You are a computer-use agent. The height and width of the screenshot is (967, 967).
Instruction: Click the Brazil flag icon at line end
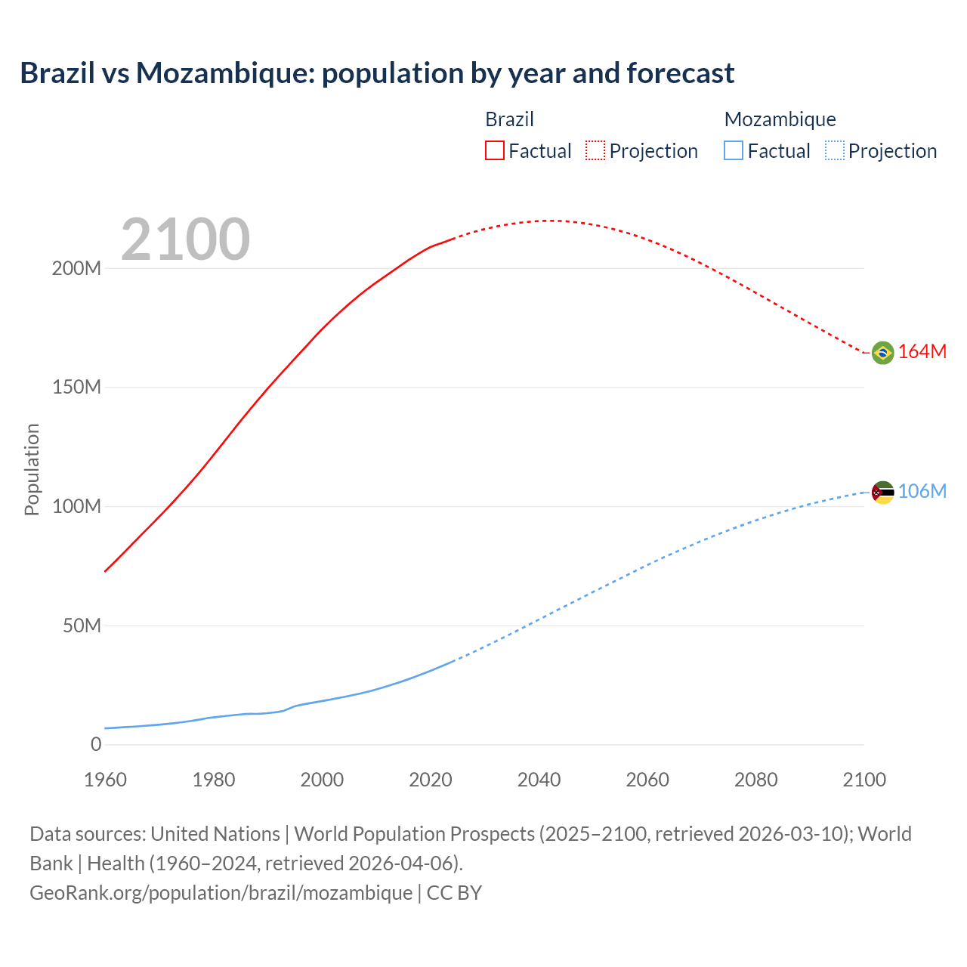(x=882, y=352)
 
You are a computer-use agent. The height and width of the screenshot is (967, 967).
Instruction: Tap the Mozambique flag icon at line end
(x=882, y=493)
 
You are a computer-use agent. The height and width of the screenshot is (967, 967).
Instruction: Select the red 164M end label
(x=922, y=351)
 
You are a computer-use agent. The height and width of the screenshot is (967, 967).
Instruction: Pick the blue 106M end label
(x=922, y=491)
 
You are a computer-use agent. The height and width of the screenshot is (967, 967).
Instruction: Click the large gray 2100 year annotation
(x=185, y=239)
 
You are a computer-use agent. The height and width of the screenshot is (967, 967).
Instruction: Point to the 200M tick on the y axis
(x=76, y=269)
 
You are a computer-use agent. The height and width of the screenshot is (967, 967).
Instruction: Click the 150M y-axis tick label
(x=76, y=388)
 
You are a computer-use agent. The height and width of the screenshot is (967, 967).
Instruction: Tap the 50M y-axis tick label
(x=82, y=626)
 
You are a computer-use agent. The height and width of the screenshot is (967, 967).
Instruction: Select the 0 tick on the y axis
(x=96, y=744)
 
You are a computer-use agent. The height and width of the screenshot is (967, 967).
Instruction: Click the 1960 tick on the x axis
(x=105, y=780)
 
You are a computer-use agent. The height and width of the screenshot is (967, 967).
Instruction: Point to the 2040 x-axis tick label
(x=539, y=780)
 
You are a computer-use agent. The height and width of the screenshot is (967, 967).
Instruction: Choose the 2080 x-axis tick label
(x=755, y=780)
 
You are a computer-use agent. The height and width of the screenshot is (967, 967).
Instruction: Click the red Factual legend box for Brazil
(x=494, y=150)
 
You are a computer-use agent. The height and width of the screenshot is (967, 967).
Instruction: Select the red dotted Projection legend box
(x=595, y=150)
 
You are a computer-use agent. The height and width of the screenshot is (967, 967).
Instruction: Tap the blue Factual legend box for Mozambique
(x=734, y=150)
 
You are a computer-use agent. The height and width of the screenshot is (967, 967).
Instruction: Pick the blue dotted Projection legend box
(x=834, y=150)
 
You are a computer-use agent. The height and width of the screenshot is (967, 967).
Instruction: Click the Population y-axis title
(x=32, y=469)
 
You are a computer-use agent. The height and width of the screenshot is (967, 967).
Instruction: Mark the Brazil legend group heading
(x=509, y=119)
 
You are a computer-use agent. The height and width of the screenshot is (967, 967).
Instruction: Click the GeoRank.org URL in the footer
(x=221, y=892)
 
